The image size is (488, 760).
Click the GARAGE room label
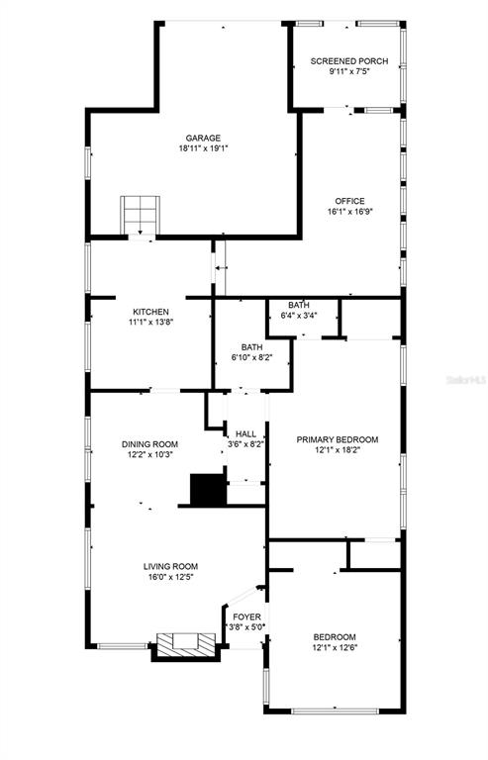tap(203, 139)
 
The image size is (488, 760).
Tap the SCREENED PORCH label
tap(348, 61)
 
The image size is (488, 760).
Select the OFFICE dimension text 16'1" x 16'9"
tap(349, 212)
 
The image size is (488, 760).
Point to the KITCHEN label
tap(150, 312)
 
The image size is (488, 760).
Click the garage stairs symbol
tap(140, 215)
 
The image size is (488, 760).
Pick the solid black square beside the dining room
tap(209, 490)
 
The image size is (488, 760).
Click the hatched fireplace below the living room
tap(186, 644)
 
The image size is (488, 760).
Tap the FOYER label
tap(246, 617)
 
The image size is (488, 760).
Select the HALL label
tap(245, 433)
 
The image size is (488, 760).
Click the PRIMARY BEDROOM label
tap(338, 439)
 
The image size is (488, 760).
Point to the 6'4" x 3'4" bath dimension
tap(299, 315)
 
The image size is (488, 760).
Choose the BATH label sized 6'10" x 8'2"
tap(252, 347)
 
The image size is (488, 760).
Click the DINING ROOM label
tap(149, 444)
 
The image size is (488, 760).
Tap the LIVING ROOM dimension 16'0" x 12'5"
tap(170, 577)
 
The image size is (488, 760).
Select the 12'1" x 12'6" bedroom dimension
tap(335, 647)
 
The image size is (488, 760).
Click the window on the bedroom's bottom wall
tap(335, 712)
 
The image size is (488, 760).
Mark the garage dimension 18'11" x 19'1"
tap(203, 148)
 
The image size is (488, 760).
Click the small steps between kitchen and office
tap(221, 267)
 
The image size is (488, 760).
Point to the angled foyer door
tap(244, 595)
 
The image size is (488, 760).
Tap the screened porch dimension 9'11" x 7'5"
tap(349, 71)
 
